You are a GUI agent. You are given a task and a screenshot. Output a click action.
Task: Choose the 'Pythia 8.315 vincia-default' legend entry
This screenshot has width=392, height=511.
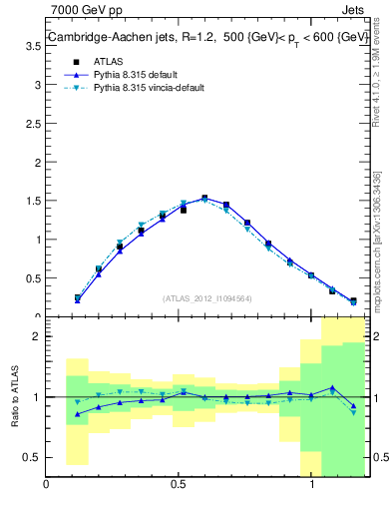click(149, 88)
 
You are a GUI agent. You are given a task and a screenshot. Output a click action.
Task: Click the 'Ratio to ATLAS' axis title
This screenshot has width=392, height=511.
click(14, 397)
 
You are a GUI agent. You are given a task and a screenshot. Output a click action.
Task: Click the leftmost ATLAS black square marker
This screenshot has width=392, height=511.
click(77, 297)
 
